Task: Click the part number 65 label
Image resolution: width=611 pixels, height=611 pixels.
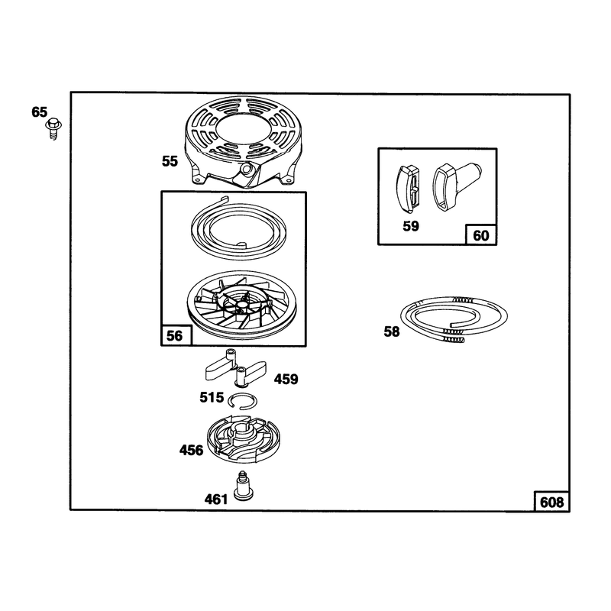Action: [40, 112]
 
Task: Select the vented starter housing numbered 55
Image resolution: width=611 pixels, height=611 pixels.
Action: [242, 142]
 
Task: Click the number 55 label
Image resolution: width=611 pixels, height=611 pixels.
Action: [170, 161]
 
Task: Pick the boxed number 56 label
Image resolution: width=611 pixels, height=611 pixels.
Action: [175, 335]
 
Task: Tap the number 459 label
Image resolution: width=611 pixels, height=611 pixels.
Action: [286, 379]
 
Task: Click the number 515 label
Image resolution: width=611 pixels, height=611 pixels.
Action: [212, 397]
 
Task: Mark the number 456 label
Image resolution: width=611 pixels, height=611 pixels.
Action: [192, 451]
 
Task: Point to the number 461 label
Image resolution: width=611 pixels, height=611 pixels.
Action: [216, 499]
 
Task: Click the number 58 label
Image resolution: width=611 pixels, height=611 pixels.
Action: [392, 331]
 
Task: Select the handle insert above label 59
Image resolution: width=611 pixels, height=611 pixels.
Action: [408, 189]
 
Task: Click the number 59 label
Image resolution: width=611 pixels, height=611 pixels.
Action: [411, 226]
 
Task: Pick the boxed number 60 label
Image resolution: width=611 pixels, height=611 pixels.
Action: [481, 235]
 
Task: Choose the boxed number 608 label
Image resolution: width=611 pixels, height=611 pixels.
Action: [551, 502]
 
